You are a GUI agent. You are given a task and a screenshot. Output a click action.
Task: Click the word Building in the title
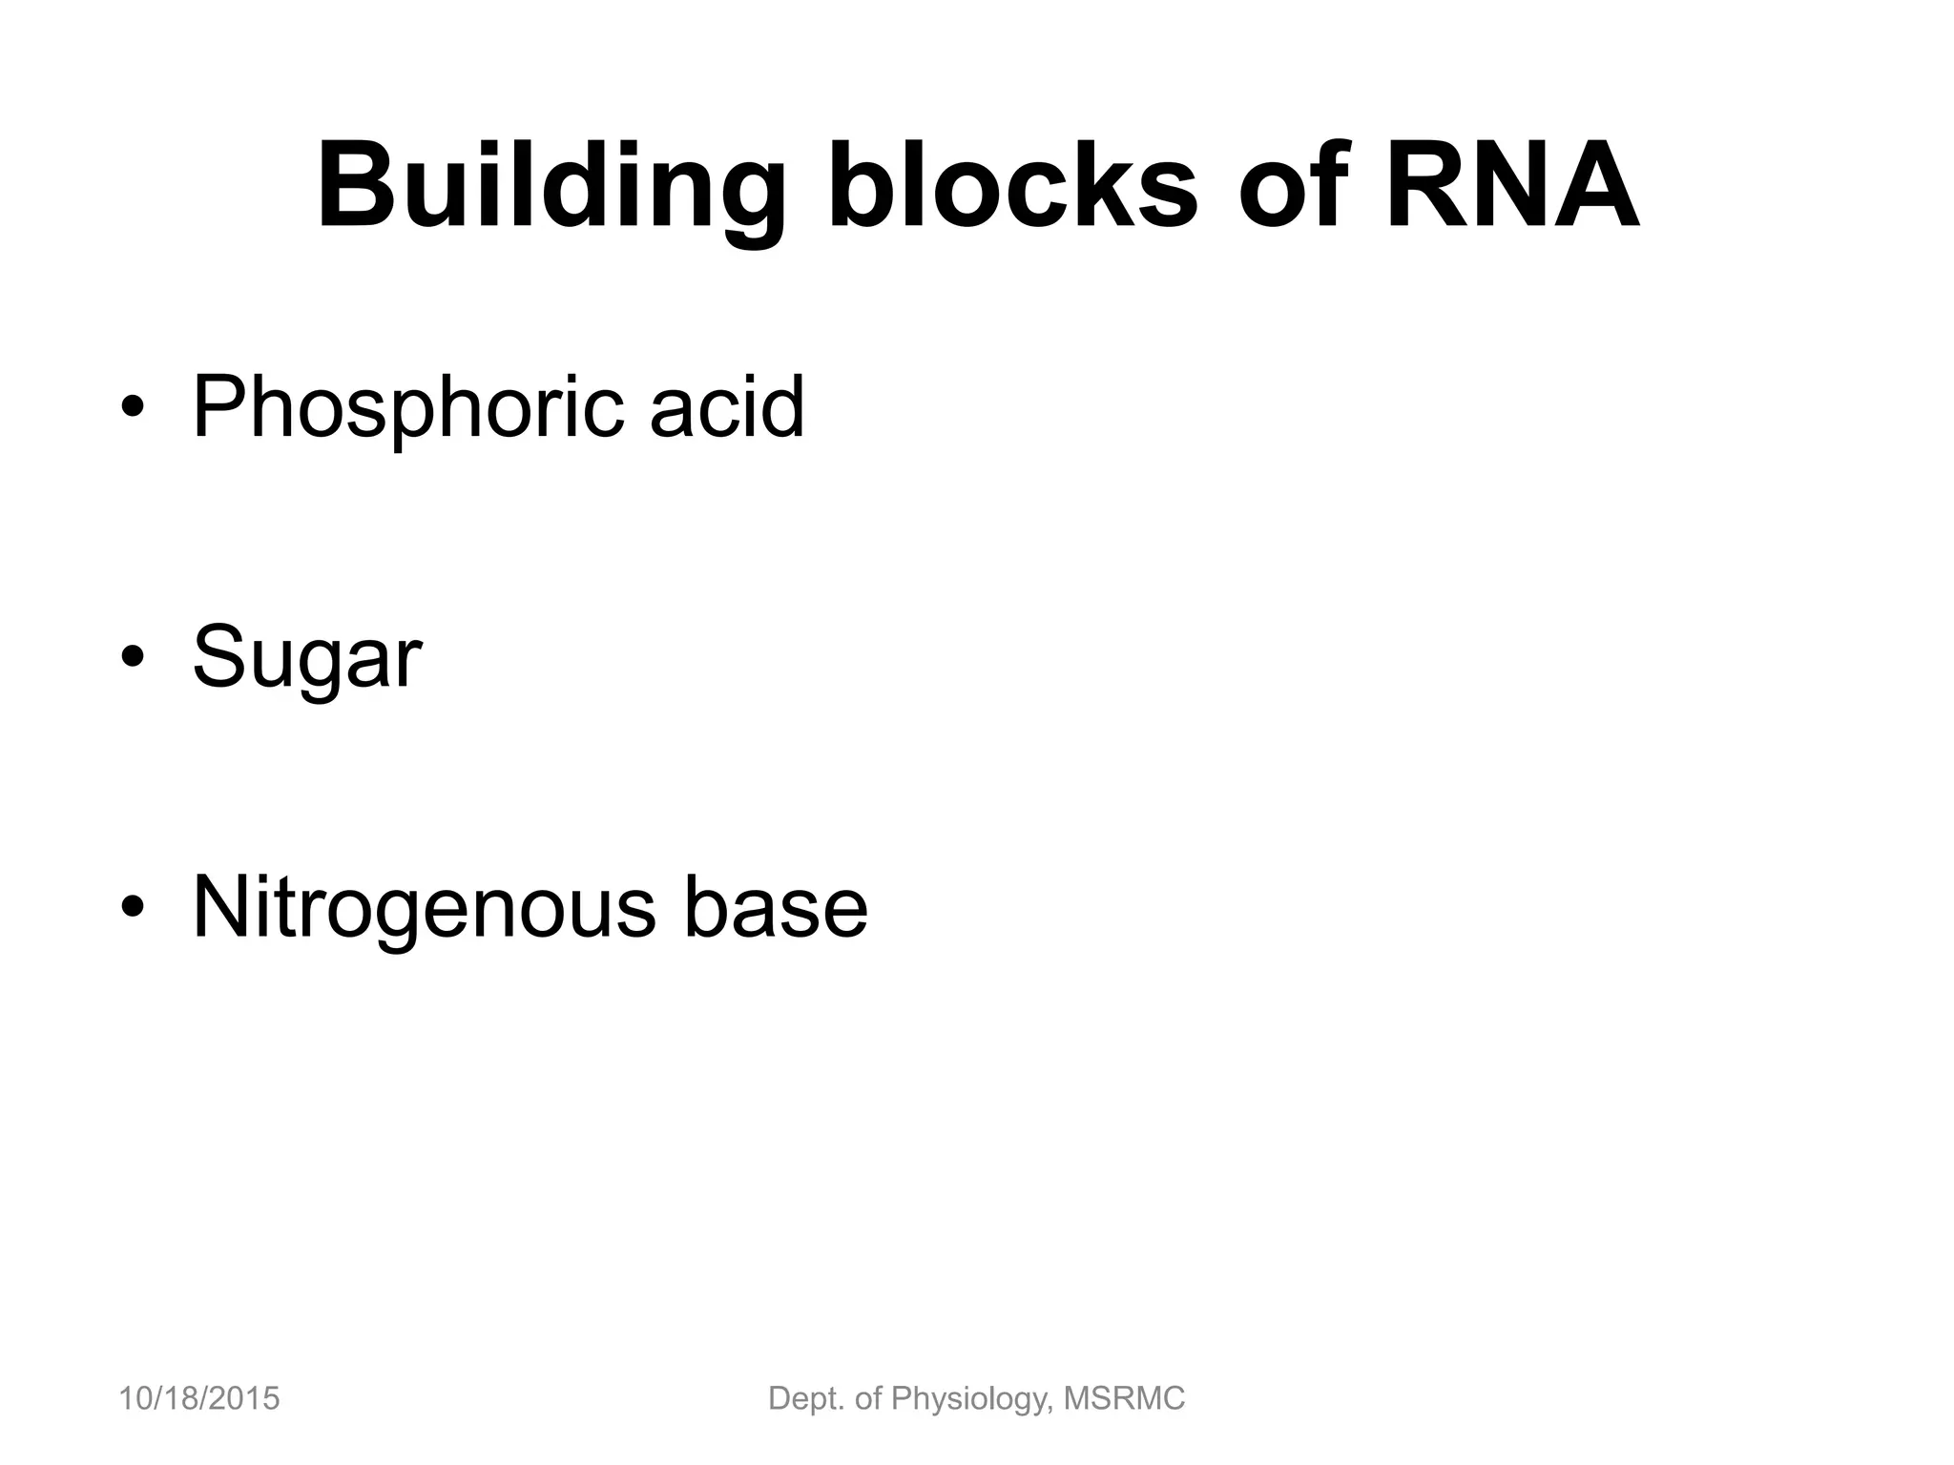tap(551, 189)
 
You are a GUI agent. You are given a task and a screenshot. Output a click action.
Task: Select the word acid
tap(727, 407)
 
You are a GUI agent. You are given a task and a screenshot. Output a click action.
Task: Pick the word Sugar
tap(306, 658)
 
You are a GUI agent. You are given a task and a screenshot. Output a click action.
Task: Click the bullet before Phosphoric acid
tap(133, 408)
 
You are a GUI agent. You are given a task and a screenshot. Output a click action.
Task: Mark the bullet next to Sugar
tap(133, 657)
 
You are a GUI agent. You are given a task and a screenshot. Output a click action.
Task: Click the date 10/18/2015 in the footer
tap(198, 1398)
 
